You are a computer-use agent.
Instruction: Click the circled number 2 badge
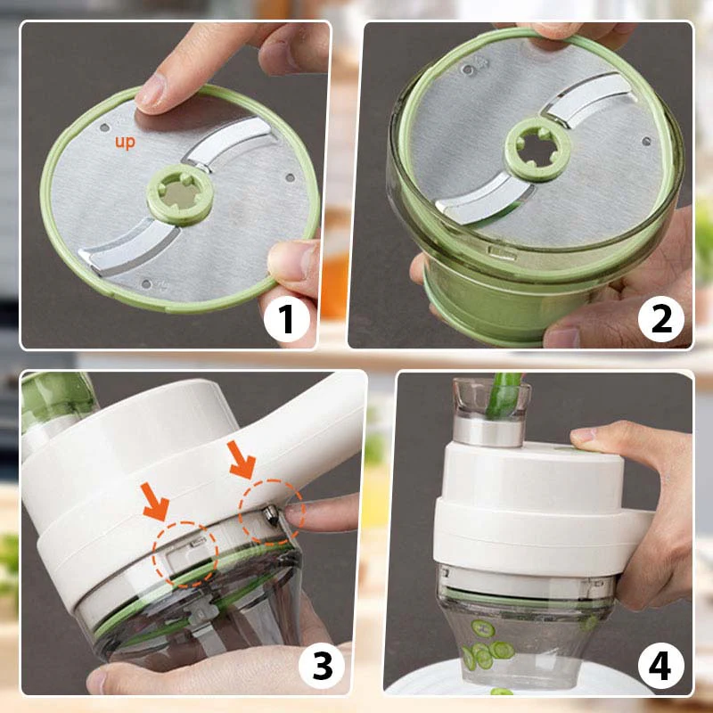tap(661, 319)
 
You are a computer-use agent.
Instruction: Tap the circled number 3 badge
tap(318, 664)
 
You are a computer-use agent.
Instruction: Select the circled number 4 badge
tap(660, 664)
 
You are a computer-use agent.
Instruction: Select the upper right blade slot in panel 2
tap(586, 98)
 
